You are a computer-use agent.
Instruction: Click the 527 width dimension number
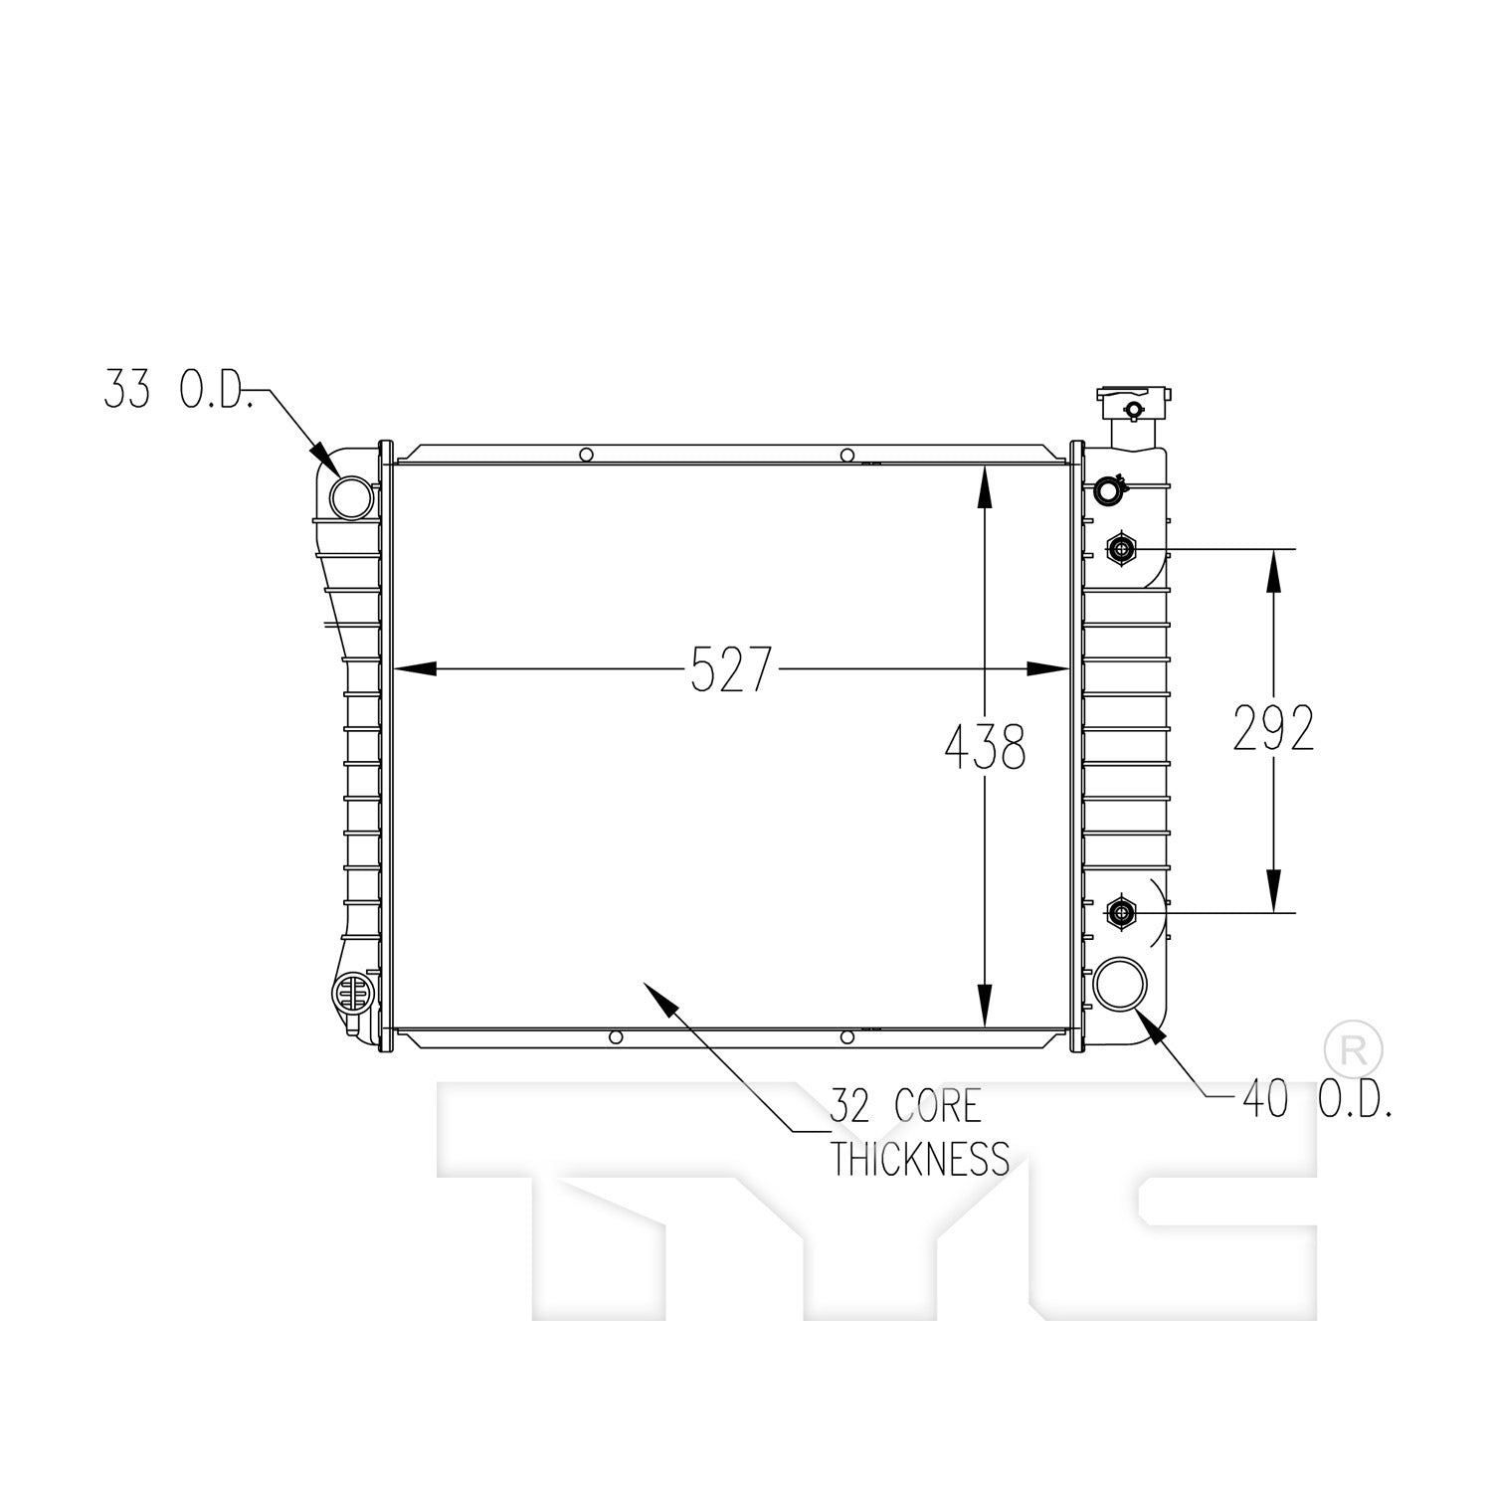click(x=731, y=668)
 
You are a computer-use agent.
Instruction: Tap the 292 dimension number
click(x=1273, y=728)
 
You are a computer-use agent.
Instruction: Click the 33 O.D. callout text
click(x=175, y=391)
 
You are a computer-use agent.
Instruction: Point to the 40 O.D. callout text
click(x=1315, y=1100)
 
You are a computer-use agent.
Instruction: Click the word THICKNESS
click(x=920, y=1159)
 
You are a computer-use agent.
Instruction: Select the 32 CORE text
click(x=905, y=1106)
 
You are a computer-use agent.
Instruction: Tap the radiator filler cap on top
click(x=1133, y=404)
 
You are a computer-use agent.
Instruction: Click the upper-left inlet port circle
click(x=350, y=496)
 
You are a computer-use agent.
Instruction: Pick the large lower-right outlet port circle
click(x=1120, y=984)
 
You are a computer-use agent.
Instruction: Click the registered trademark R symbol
click(x=1354, y=1048)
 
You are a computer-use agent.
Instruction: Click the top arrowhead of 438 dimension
click(x=984, y=487)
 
